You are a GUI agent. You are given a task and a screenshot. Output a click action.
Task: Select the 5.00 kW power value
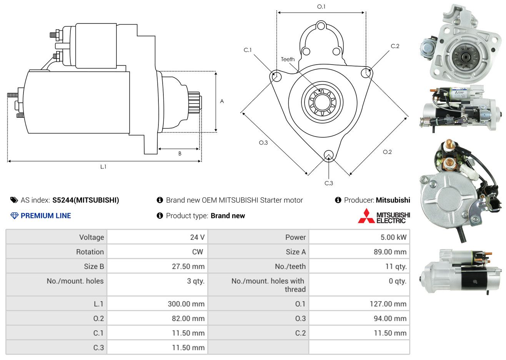coord(393,237)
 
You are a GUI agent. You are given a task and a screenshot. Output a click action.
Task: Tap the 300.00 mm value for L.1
coord(186,304)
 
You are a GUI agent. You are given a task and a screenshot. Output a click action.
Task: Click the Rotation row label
coord(90,252)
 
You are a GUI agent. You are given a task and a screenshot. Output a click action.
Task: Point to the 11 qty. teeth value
coord(396,267)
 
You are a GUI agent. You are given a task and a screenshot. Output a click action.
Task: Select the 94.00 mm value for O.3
coord(390,318)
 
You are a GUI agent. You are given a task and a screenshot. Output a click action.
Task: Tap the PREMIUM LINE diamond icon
coord(14,216)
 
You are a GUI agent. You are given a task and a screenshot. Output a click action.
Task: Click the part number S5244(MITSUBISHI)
coord(86,200)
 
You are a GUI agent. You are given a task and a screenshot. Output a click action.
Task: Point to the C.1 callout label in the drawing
coord(248,50)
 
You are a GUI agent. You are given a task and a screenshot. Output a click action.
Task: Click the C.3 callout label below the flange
coord(329,183)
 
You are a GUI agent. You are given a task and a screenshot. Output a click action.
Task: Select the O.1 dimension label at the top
coord(321,7)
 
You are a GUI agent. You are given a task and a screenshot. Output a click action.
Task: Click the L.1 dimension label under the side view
coord(103,167)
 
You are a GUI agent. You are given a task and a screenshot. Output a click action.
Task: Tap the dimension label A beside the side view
coord(222,101)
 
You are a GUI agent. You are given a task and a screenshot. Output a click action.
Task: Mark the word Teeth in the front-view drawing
coord(288,59)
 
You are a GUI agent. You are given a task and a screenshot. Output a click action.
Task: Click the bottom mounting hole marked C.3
coord(329,156)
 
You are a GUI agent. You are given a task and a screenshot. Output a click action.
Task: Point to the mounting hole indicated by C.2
coord(366,73)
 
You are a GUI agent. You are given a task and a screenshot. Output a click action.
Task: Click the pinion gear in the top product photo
coord(466,58)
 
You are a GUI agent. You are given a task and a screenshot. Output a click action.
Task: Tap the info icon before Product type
coord(160,216)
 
